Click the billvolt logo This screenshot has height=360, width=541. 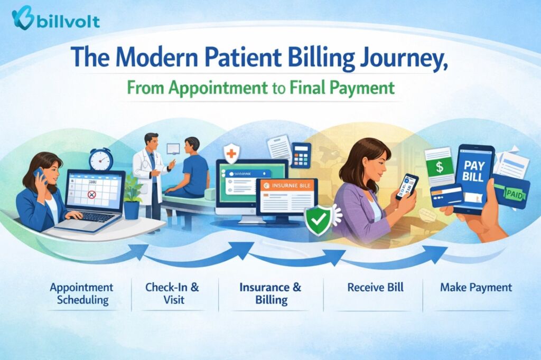coord(55,20)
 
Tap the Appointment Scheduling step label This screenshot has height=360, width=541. coord(81,293)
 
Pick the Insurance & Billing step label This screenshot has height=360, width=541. coord(270,293)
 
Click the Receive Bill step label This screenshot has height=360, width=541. coord(376,288)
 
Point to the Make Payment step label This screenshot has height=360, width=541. coord(475,288)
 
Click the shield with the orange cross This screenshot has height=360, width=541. coord(231,154)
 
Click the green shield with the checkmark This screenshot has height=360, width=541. coord(318,221)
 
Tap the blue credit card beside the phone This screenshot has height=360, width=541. coord(446,195)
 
